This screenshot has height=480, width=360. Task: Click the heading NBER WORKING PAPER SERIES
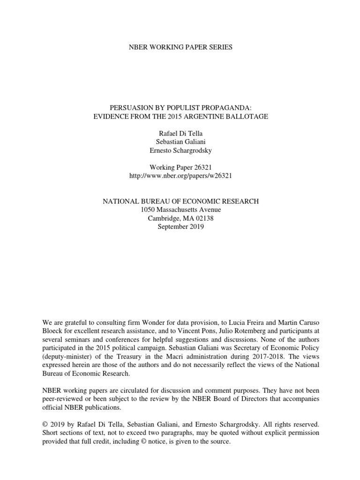(180, 47)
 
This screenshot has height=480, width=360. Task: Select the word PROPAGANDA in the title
(225, 107)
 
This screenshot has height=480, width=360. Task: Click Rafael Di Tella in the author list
(180, 134)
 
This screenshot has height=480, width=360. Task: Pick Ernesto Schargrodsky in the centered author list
(180, 150)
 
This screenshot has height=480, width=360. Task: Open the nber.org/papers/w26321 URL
(180, 176)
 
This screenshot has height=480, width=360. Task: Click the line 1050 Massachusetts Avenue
(180, 210)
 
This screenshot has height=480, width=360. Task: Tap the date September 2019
(180, 226)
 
